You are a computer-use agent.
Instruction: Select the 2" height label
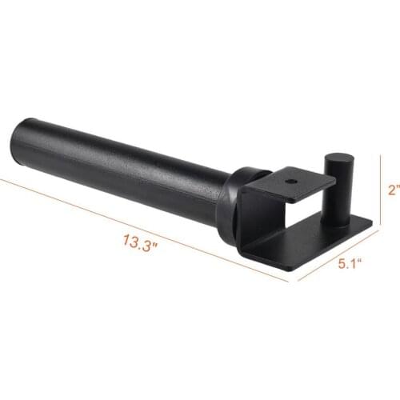390,191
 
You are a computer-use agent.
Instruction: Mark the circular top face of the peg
335,161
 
